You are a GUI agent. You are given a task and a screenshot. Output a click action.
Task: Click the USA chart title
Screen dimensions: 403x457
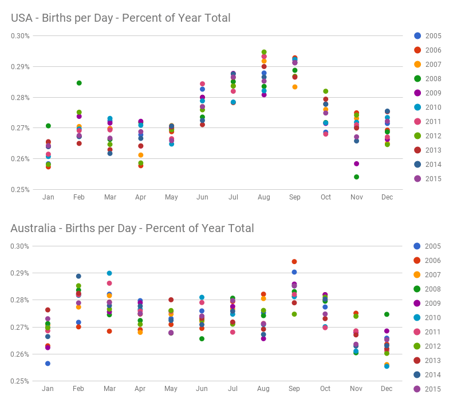pos(120,18)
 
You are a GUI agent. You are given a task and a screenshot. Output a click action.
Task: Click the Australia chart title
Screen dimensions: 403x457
pos(132,228)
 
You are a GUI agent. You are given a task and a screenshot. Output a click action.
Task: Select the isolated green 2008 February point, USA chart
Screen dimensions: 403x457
pos(79,83)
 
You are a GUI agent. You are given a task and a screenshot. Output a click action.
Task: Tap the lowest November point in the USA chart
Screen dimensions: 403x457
pos(356,177)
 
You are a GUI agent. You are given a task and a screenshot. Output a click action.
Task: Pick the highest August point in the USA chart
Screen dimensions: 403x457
pos(264,52)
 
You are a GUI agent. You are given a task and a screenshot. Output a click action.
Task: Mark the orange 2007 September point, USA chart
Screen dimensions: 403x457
pos(295,87)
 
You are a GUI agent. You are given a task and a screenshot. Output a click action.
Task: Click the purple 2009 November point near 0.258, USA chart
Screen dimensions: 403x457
pos(356,163)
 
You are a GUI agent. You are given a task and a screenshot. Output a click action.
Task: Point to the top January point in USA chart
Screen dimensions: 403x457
pos(48,126)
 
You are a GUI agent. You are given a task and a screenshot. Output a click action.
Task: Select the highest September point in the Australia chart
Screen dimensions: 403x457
pos(294,261)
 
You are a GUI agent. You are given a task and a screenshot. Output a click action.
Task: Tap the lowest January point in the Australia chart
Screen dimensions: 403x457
pos(48,363)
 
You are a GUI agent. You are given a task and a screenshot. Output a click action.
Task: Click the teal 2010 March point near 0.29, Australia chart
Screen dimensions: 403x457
pos(109,273)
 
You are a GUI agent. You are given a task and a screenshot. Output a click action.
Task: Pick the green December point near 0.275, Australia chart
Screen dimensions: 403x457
pos(387,314)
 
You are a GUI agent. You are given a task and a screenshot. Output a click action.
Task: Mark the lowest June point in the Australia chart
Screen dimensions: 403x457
pos(202,338)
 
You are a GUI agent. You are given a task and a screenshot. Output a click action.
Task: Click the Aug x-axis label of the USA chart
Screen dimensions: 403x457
pos(264,197)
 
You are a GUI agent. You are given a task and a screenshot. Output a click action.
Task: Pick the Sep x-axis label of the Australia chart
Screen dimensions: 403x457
pos(294,389)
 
